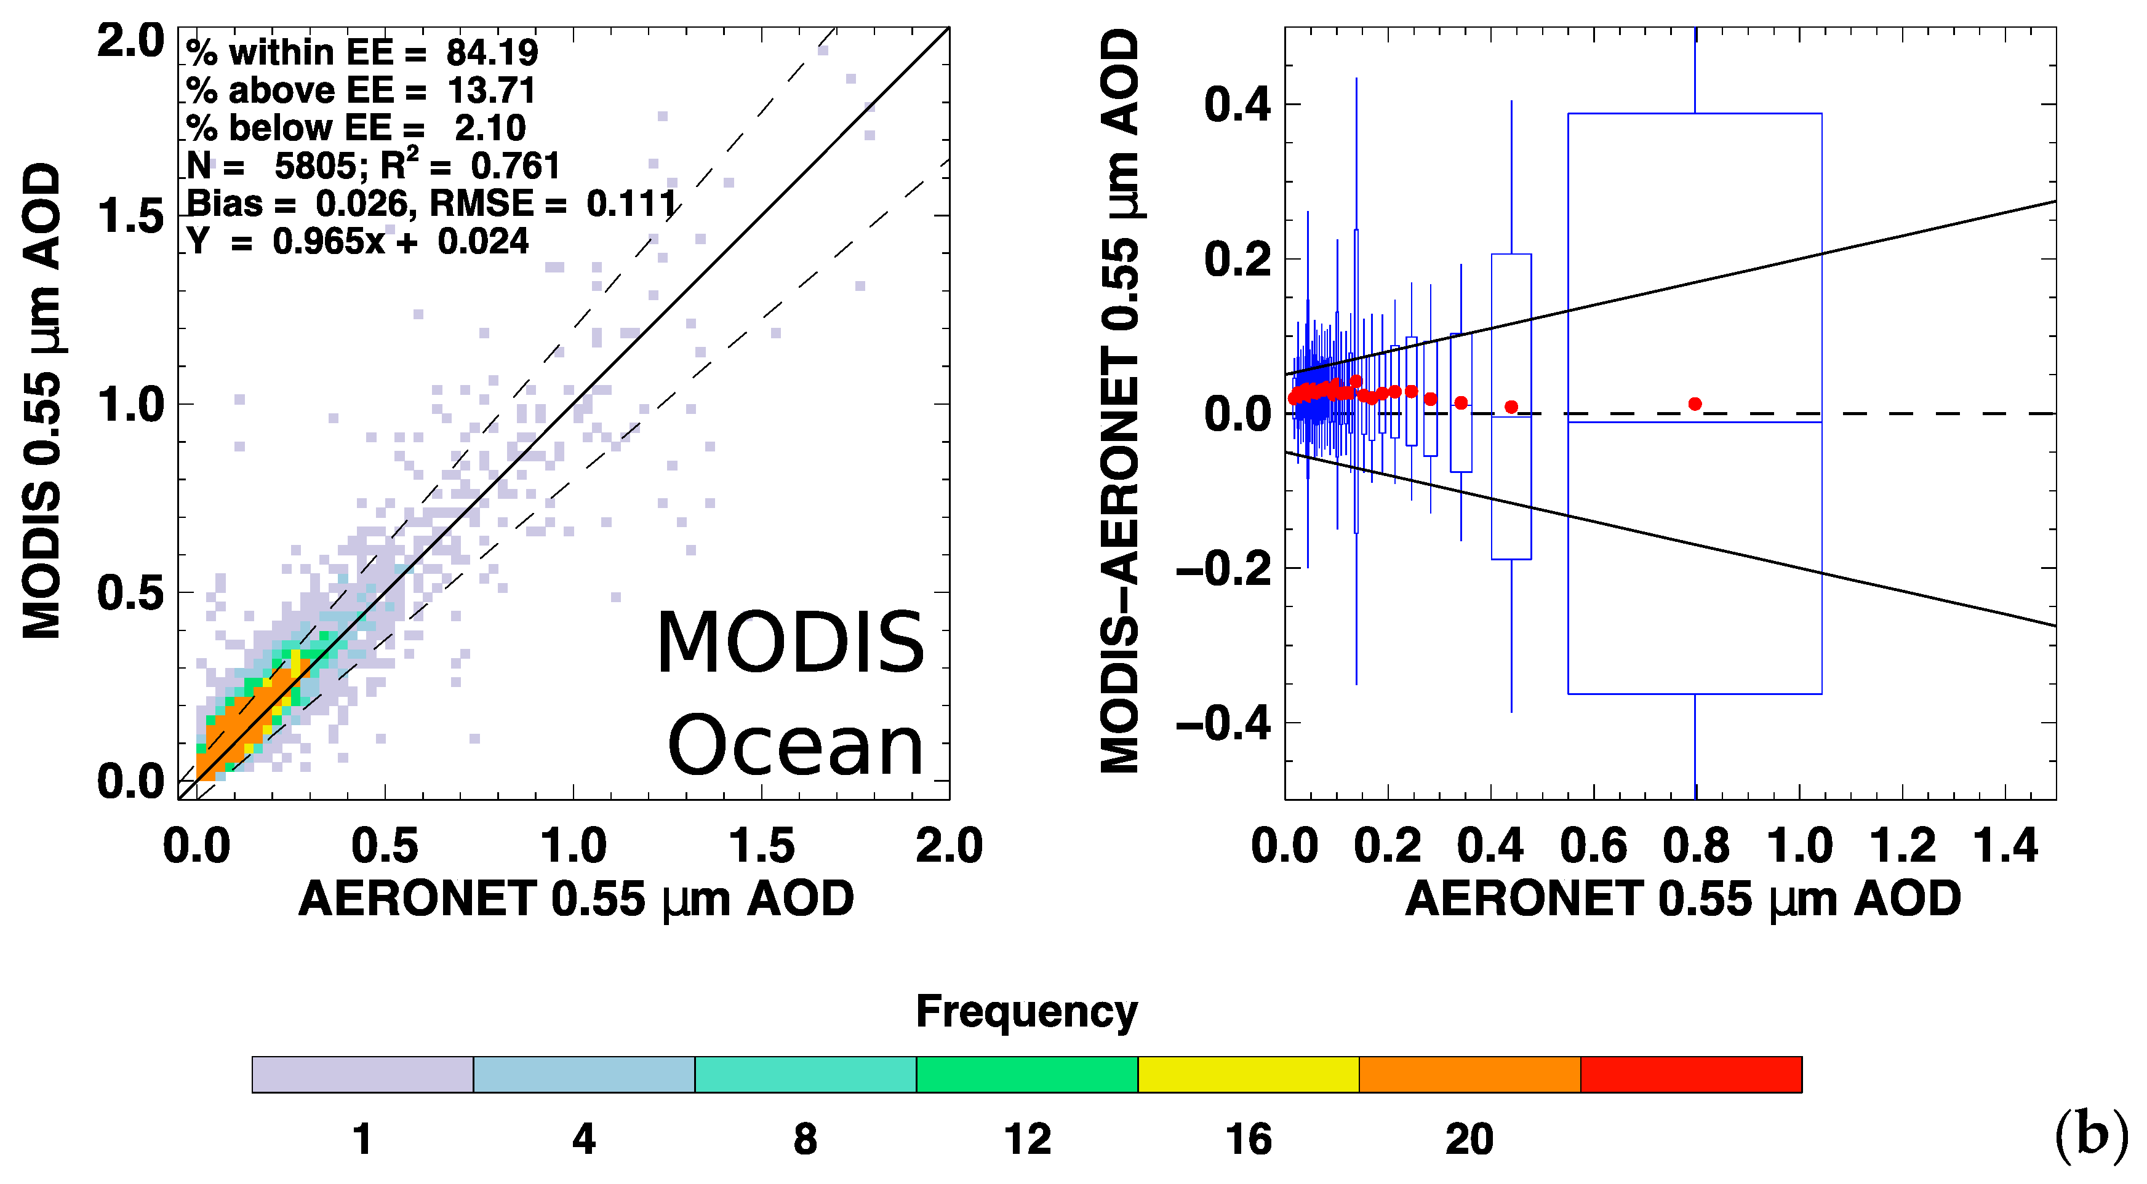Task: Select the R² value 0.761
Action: [x=515, y=166]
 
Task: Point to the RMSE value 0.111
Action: [x=631, y=204]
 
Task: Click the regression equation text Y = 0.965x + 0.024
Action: [x=358, y=242]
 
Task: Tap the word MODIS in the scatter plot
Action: [x=790, y=643]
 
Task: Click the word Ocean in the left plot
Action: [x=795, y=745]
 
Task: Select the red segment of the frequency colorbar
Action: [x=1690, y=1074]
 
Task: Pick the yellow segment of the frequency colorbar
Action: [x=1248, y=1074]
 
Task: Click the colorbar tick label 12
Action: [x=1027, y=1139]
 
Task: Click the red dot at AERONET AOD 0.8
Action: [x=1695, y=404]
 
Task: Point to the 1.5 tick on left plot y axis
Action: [x=131, y=217]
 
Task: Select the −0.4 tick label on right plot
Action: [x=1223, y=723]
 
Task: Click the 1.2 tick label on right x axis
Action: [x=1902, y=846]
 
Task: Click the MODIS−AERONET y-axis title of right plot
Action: [x=1119, y=400]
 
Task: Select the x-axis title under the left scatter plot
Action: [x=576, y=899]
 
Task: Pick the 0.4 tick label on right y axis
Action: [x=1237, y=106]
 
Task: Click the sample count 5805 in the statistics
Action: [x=316, y=166]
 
